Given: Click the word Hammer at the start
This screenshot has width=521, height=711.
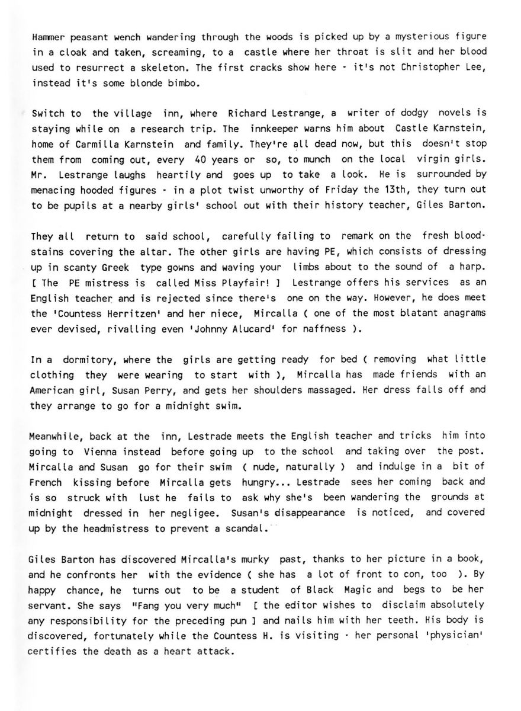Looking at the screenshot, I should [x=46, y=37].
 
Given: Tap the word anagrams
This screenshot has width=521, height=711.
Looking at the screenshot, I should [x=461, y=313].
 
